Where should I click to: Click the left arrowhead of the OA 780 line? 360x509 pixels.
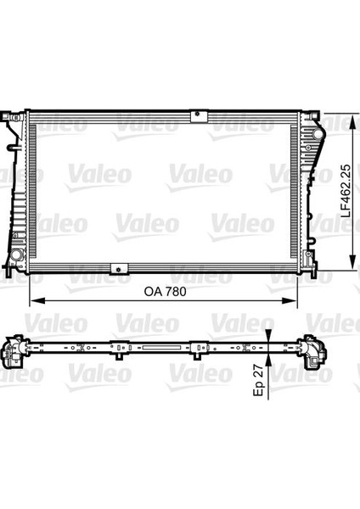[35, 300]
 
